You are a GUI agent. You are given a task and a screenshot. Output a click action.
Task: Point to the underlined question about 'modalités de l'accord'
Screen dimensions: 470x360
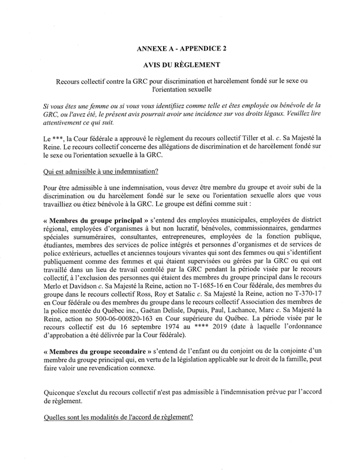pyautogui.click(x=118, y=418)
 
